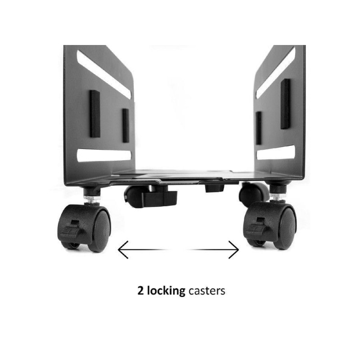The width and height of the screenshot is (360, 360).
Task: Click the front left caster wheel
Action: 85,227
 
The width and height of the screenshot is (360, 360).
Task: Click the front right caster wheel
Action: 270,225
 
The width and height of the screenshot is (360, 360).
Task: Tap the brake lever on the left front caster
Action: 69,231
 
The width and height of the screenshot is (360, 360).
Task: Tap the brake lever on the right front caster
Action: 255,229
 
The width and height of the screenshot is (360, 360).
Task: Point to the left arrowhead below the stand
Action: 122,250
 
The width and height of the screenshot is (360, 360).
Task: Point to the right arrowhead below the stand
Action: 234,250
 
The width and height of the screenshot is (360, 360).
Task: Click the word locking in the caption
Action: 166,291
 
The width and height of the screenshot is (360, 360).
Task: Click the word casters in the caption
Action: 207,291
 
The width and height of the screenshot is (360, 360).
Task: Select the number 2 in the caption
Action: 140,291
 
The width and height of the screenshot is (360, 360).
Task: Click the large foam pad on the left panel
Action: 94,114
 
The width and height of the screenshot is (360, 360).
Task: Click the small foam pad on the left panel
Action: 126,126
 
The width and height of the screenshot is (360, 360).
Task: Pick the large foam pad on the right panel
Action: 285,104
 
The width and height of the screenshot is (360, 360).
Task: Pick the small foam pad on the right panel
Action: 258,128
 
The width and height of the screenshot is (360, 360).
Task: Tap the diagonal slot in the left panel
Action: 104,75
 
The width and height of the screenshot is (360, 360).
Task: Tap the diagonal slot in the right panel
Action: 275,72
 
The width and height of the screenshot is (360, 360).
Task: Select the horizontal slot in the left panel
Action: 104,155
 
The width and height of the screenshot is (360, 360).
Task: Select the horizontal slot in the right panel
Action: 276,153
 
